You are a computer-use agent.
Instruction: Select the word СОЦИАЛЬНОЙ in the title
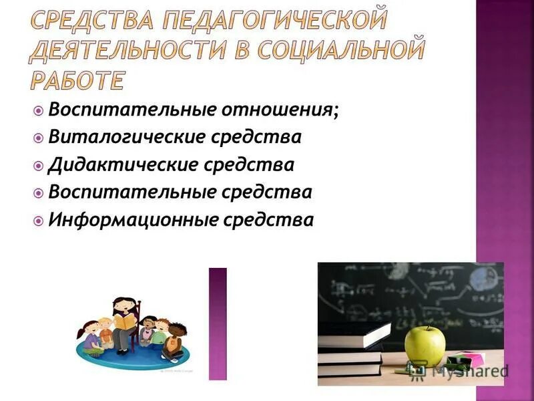pyautogui.click(x=351, y=50)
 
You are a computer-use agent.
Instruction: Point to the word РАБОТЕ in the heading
pyautogui.click(x=77, y=79)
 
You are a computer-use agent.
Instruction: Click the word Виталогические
pyautogui.click(x=126, y=137)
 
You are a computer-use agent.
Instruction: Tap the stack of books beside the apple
pyautogui.click(x=350, y=351)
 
